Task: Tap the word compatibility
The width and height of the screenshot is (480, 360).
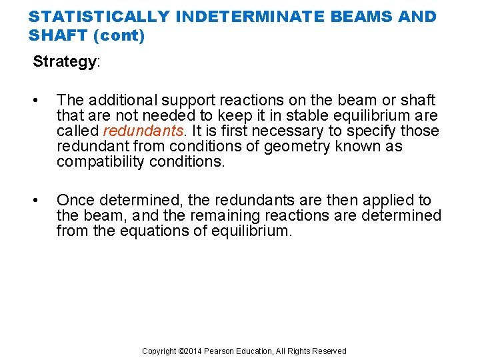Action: (101, 161)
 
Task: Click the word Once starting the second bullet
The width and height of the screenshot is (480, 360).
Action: (74, 200)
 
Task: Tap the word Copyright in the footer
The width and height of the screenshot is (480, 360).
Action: (160, 351)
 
